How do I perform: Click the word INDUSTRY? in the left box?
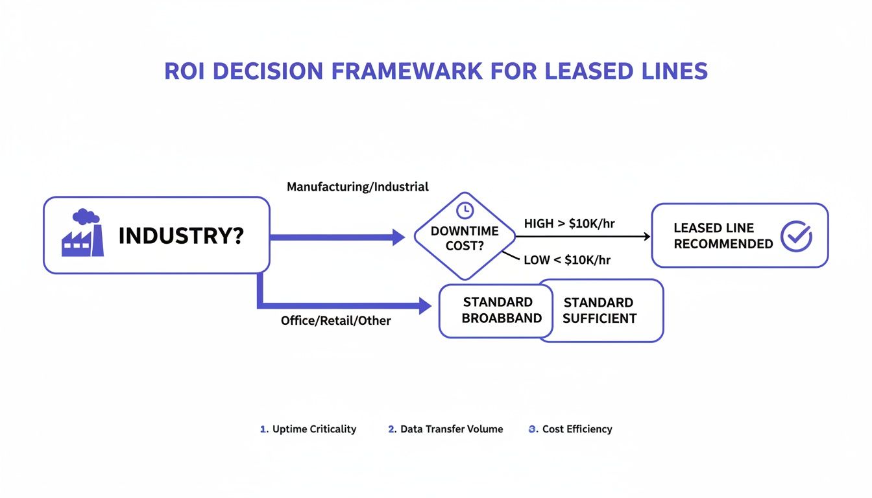tap(181, 236)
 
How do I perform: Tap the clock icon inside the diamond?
tap(464, 210)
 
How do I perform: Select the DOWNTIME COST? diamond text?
tap(464, 239)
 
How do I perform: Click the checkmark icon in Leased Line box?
tap(795, 236)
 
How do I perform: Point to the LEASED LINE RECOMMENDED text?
tap(723, 236)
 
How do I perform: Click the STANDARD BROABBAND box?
tap(496, 310)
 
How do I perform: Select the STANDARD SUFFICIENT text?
tap(599, 311)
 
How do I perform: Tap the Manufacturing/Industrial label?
tap(357, 187)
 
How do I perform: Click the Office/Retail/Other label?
tap(335, 320)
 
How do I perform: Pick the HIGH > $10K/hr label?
tap(569, 224)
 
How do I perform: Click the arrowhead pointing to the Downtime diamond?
tap(398, 237)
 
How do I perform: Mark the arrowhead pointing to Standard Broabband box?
tap(425, 305)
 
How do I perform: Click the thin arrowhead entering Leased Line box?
tap(646, 237)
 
